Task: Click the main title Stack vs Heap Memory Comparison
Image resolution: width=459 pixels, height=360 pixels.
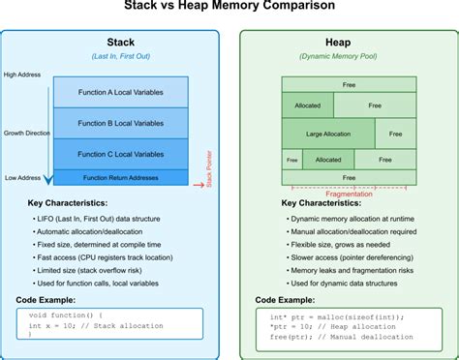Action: tap(229, 8)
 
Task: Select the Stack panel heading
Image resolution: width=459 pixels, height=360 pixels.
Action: tap(120, 44)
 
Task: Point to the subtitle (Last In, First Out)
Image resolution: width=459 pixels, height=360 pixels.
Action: tap(120, 56)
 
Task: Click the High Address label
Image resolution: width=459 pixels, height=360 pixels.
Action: tap(22, 75)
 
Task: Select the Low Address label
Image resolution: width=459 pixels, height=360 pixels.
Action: tap(22, 178)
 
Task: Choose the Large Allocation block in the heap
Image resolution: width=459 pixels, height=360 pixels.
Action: tap(327, 134)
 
